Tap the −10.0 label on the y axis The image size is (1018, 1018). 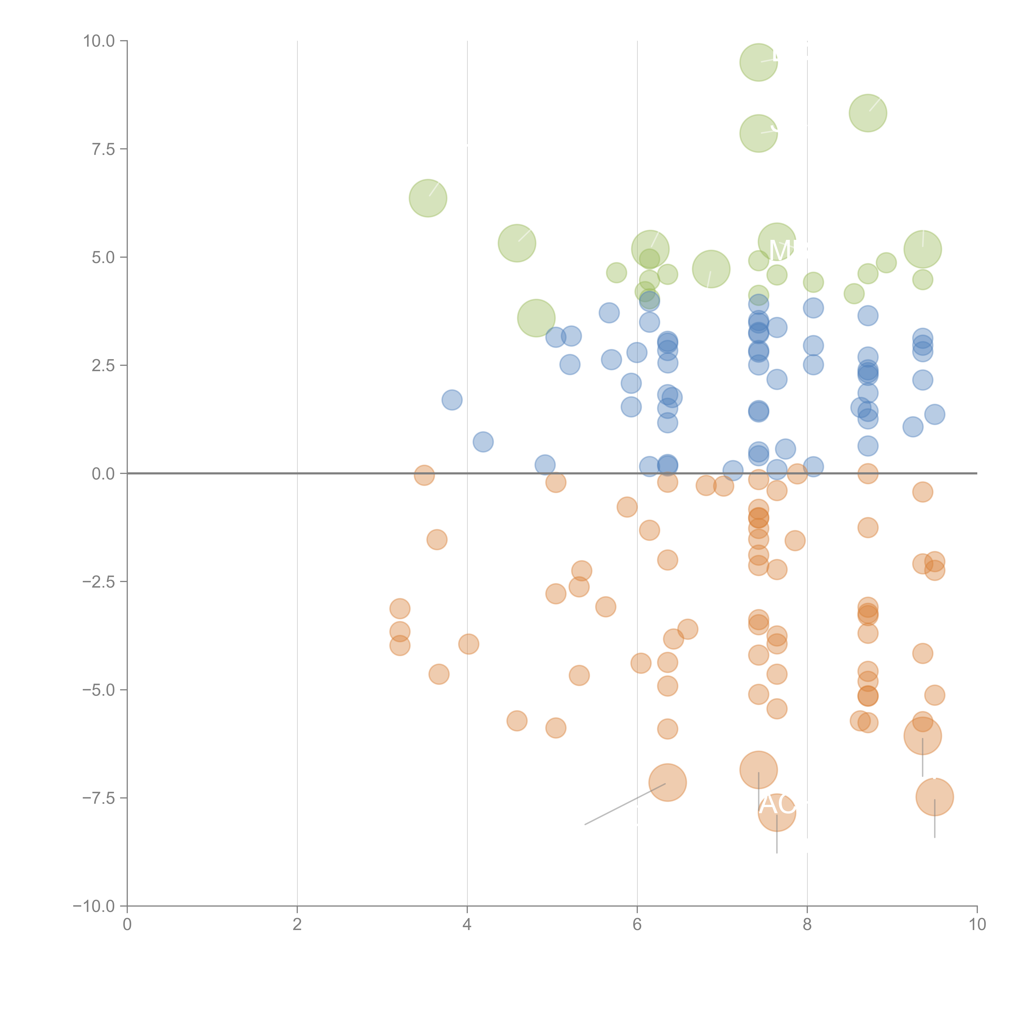pos(94,906)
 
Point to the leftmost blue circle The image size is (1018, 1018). pos(452,400)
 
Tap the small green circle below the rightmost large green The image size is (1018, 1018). pos(922,280)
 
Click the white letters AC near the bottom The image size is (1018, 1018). pos(777,805)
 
